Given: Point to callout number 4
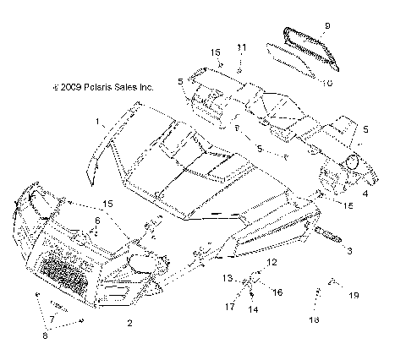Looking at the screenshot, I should point(365,194).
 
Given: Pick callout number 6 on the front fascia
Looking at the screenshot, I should point(97,221).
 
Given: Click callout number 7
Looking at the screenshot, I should point(52,319).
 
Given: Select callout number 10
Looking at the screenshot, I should point(327,83).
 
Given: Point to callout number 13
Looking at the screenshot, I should point(227,277).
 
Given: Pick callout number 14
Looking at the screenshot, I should point(252,310).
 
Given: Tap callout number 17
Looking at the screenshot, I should point(229,307).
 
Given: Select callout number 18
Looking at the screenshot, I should point(313,321).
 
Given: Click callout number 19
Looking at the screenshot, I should point(355,295).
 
